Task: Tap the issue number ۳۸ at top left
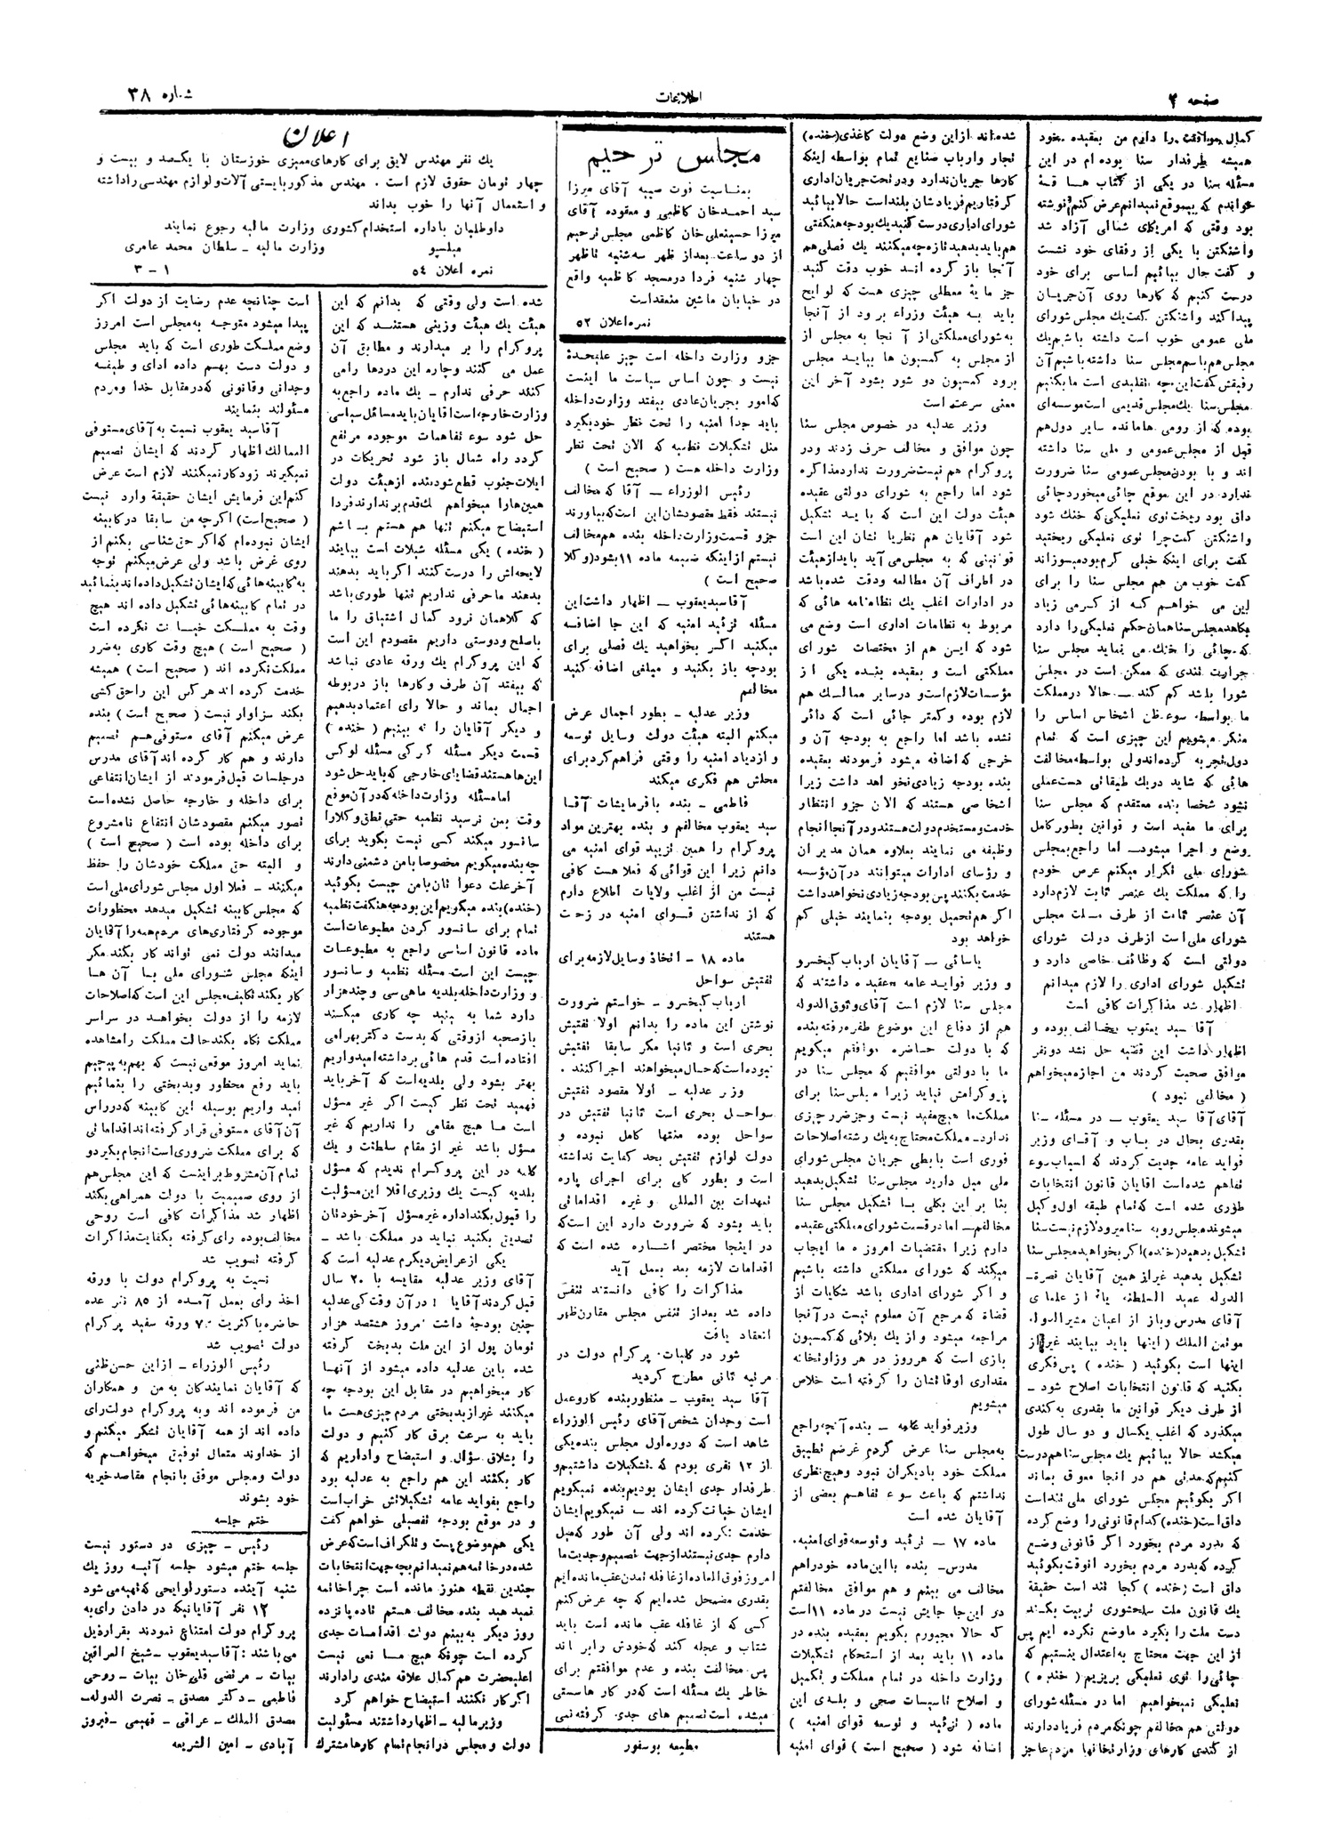pos(137,97)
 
